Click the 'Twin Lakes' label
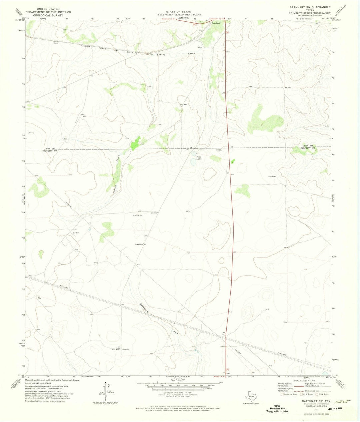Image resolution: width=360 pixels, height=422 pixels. (199, 158)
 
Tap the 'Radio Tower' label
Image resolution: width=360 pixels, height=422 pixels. (219, 150)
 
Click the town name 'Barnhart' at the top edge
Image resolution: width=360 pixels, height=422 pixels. (216, 23)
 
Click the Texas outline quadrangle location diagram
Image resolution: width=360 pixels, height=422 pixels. (250, 397)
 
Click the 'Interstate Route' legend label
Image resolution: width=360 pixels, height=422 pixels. (291, 394)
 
